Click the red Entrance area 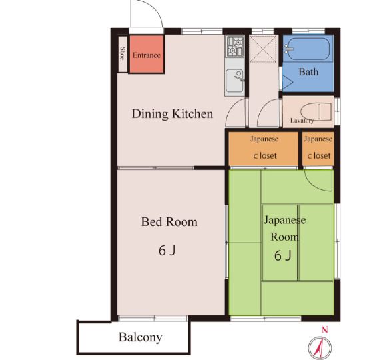pos(147,54)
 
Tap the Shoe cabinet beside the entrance pos(123,54)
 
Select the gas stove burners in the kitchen pos(235,47)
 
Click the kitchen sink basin pos(234,81)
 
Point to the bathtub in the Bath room pos(308,49)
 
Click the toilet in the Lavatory pos(316,111)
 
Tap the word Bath pos(308,72)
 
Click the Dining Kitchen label pos(173,114)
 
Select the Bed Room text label pos(169,222)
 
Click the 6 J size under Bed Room pos(167,251)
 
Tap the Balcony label pos(141,337)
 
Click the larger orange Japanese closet pos(263,149)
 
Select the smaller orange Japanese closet pos(318,149)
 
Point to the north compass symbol pos(320,347)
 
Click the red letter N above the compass pos(325,330)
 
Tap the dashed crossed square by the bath pos(263,49)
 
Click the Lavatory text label pos(302,121)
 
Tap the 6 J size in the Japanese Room pos(283,255)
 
